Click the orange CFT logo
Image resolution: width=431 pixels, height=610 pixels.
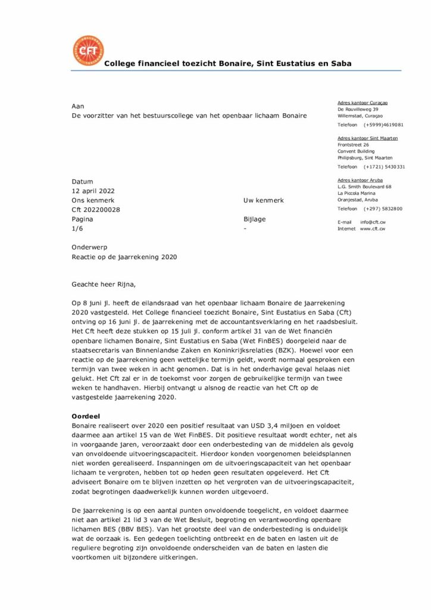pyautogui.click(x=88, y=51)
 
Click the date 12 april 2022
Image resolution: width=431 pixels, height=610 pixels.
pyautogui.click(x=94, y=191)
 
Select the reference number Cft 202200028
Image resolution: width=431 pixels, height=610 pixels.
pyautogui.click(x=96, y=210)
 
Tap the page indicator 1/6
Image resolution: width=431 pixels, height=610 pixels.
pyautogui.click(x=77, y=228)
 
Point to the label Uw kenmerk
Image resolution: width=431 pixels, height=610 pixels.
pyautogui.click(x=264, y=201)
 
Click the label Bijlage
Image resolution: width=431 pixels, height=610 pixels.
pyautogui.click(x=255, y=219)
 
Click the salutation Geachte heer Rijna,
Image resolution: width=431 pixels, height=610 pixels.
pyautogui.click(x=108, y=284)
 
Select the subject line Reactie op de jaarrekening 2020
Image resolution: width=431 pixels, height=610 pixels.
pyautogui.click(x=124, y=257)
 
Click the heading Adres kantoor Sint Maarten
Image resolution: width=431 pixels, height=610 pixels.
pyautogui.click(x=367, y=138)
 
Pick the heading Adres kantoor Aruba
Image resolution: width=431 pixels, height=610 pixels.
pyautogui.click(x=360, y=180)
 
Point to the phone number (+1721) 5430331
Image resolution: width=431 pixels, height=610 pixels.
pyautogui.click(x=385, y=167)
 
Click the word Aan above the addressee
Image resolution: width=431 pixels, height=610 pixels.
pyautogui.click(x=77, y=106)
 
